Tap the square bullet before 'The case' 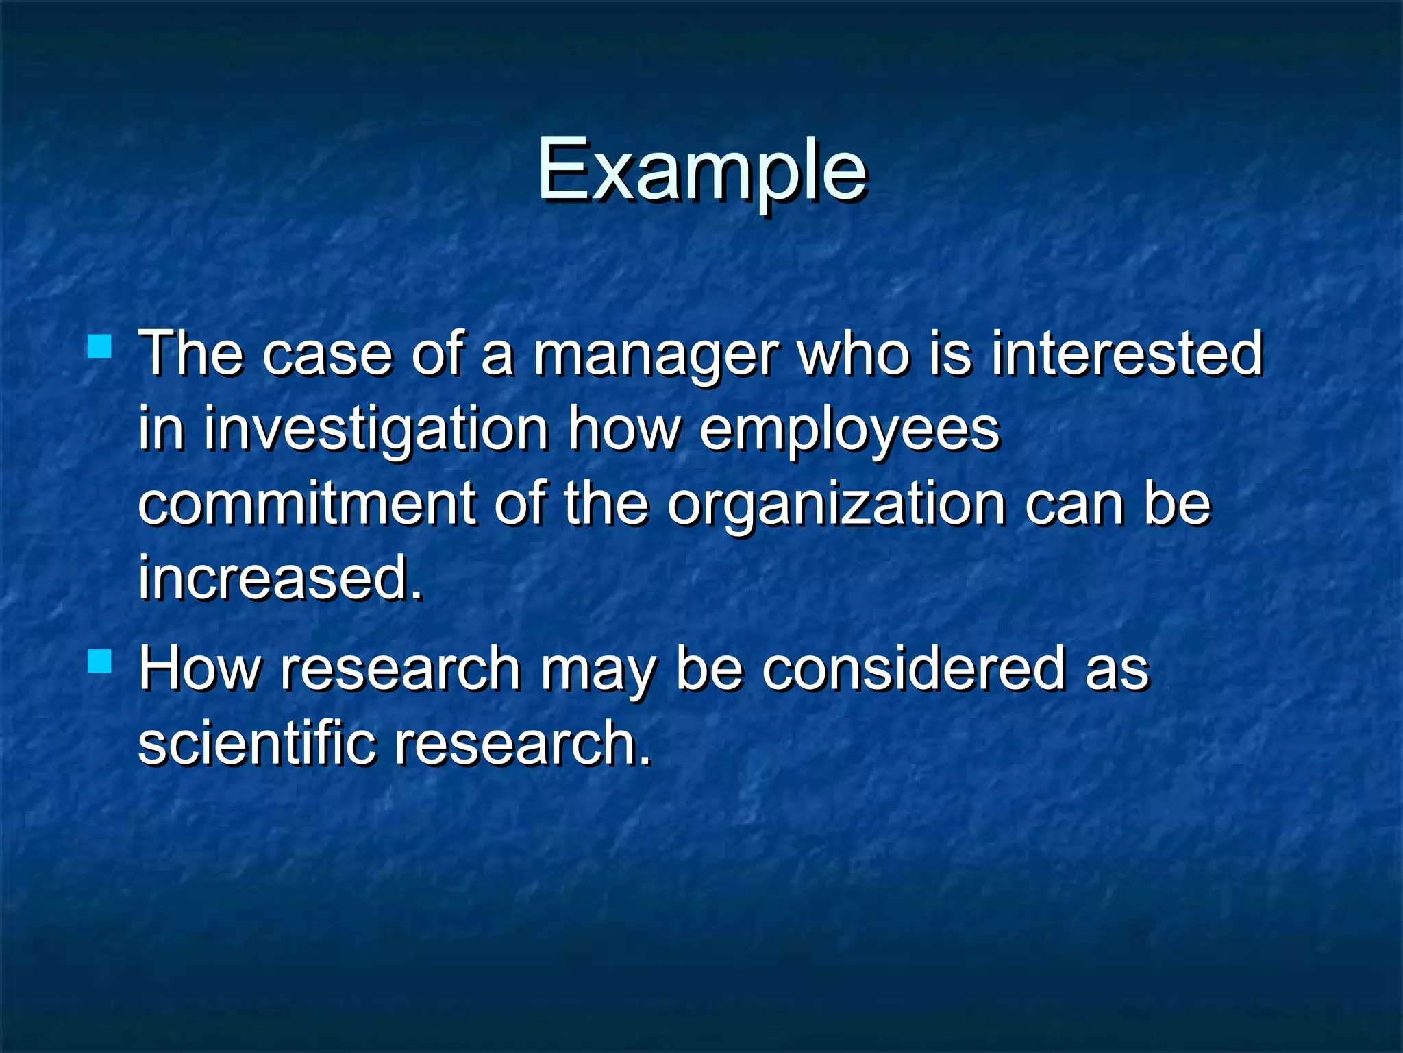point(100,346)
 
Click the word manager point(656,355)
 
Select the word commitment point(306,504)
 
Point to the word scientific point(257,743)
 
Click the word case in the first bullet point(327,355)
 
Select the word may point(599,670)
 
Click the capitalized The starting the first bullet point(191,354)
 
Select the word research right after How point(401,669)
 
